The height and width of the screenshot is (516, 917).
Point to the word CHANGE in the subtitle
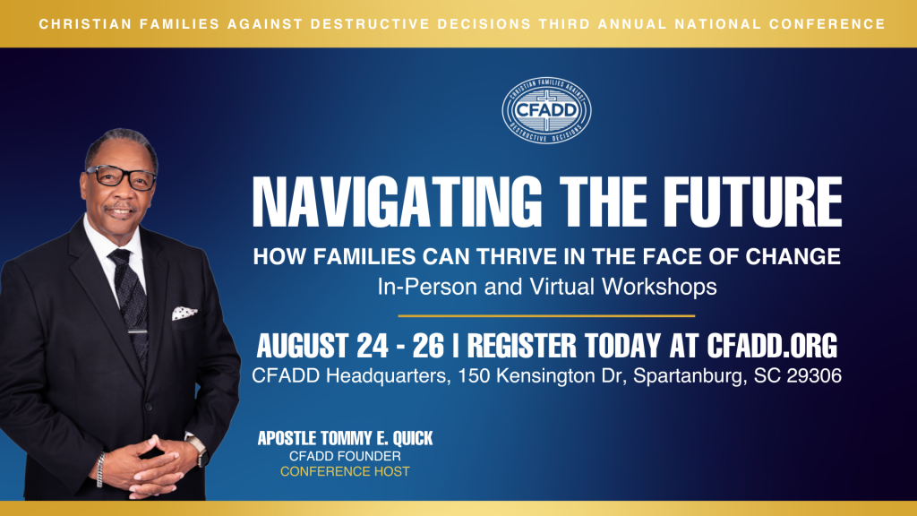(x=795, y=257)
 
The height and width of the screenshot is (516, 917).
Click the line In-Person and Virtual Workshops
(x=546, y=288)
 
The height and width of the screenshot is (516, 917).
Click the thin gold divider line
(x=546, y=315)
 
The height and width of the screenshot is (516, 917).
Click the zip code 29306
(x=811, y=376)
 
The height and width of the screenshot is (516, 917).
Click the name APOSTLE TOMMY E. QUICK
(x=345, y=439)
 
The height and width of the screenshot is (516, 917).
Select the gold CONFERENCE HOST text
(x=345, y=471)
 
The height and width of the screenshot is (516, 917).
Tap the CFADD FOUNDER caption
(x=345, y=456)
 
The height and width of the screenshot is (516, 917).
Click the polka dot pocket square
(x=184, y=313)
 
